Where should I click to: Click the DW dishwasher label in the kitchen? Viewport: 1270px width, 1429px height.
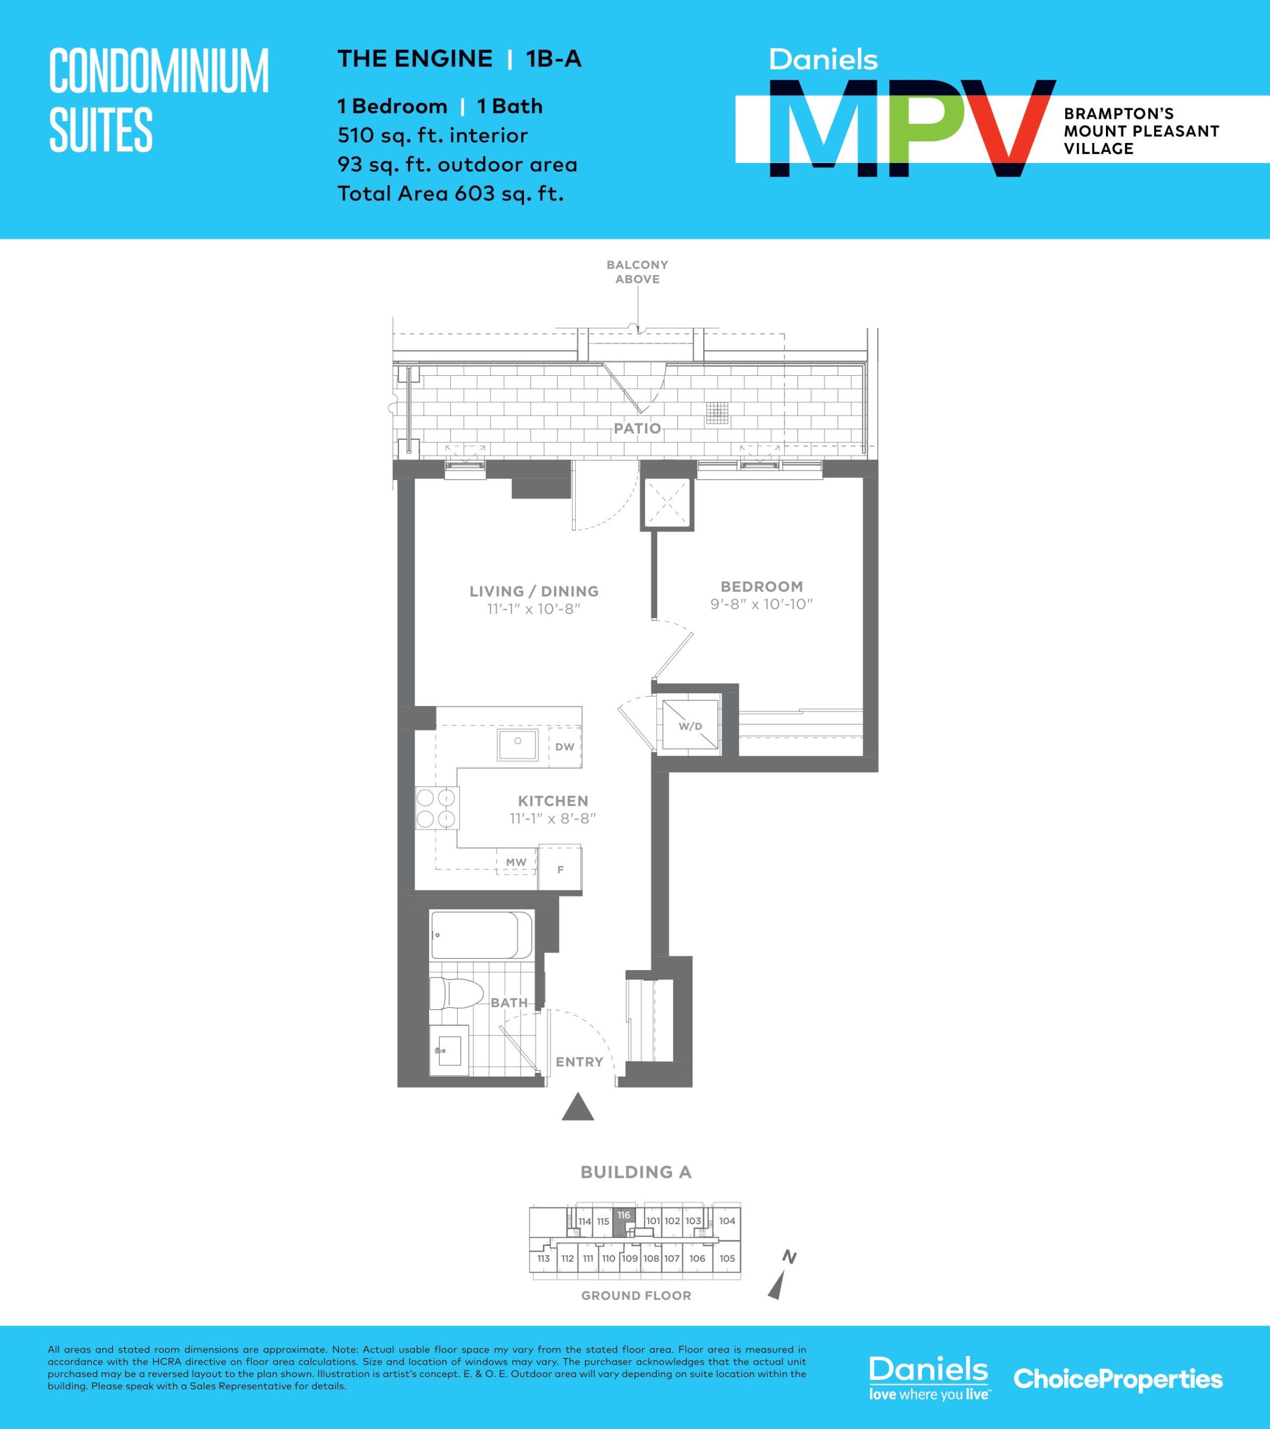click(x=565, y=747)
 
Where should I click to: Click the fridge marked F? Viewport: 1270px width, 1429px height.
click(x=560, y=869)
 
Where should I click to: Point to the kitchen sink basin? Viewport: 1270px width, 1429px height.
click(x=518, y=745)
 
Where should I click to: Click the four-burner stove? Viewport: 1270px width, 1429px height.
click(x=436, y=808)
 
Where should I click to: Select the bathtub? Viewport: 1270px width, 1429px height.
click(x=481, y=936)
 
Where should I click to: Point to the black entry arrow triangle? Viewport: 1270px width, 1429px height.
click(x=578, y=1107)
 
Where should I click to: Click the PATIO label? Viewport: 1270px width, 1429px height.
click(x=637, y=429)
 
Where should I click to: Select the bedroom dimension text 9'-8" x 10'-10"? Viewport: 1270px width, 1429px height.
click(x=762, y=604)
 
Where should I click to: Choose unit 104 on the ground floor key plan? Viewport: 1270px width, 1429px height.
click(x=727, y=1221)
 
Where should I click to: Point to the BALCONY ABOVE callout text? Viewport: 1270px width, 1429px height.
click(x=637, y=272)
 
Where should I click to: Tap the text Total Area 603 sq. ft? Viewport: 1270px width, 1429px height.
click(x=451, y=194)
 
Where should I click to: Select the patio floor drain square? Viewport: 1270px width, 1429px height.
click(x=717, y=413)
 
